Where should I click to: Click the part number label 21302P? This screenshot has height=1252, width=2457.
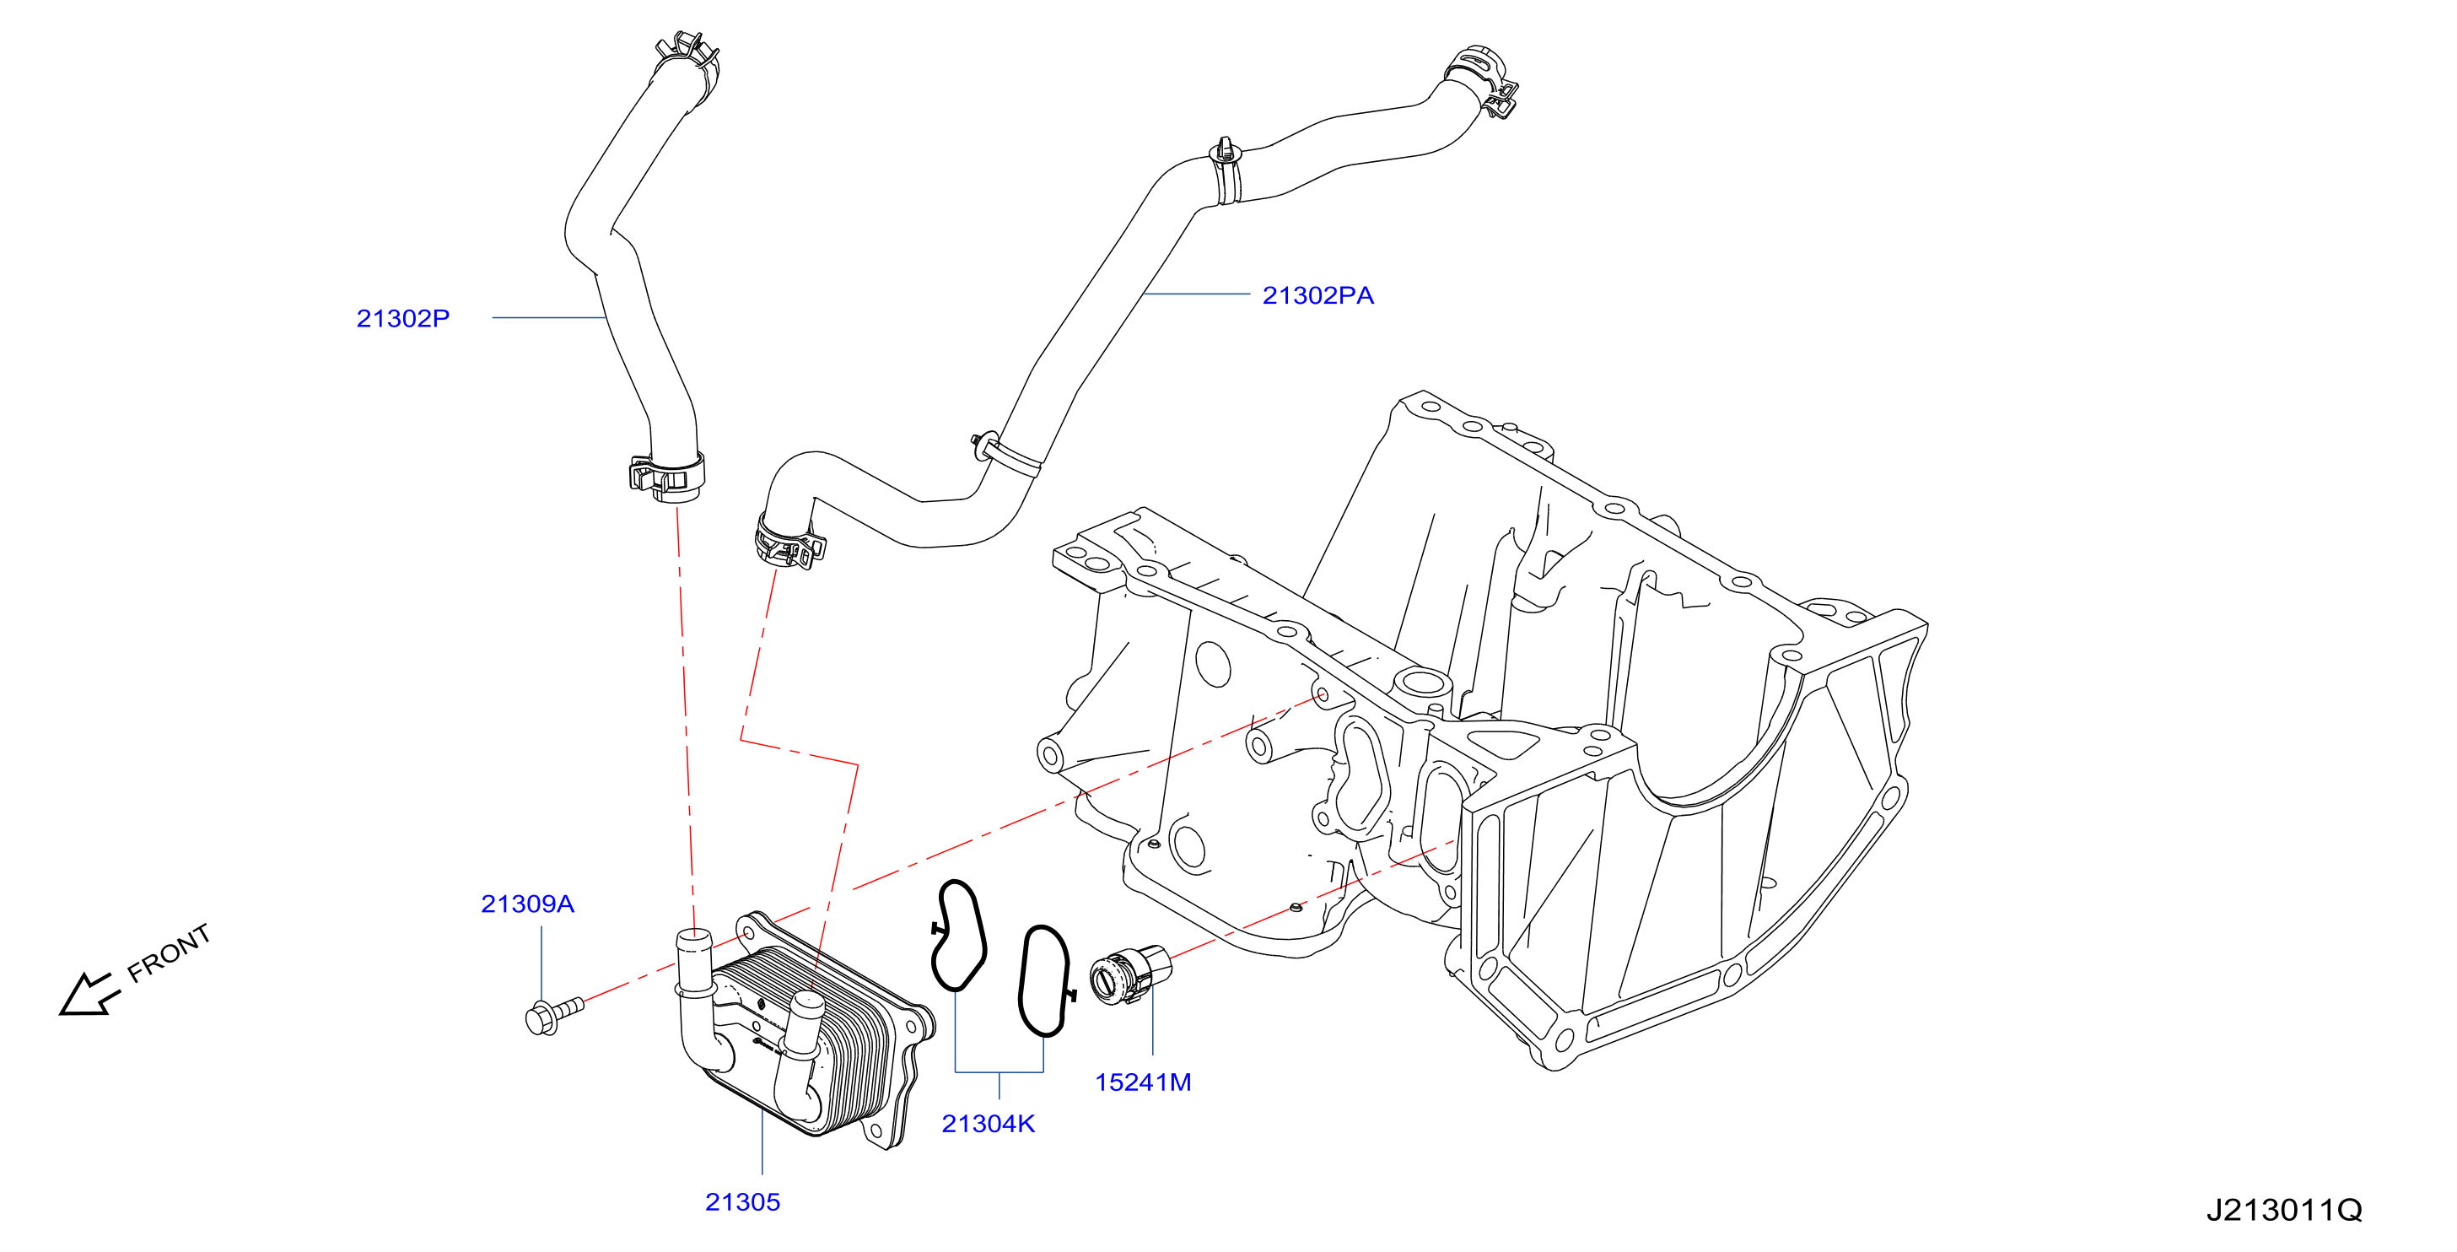[402, 318]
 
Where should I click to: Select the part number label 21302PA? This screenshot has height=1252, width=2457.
[1318, 296]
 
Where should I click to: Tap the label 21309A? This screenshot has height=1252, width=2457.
[527, 904]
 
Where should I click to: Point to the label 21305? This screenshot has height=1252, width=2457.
[743, 1202]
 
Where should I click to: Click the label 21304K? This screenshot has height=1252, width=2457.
[989, 1124]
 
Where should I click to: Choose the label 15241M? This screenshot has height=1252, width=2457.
[1144, 1082]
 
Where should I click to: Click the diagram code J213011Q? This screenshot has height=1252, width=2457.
[2284, 1210]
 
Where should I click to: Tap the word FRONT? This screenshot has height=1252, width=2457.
[169, 952]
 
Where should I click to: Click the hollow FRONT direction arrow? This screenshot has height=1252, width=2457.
[89, 996]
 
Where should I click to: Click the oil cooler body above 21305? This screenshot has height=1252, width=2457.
[811, 1031]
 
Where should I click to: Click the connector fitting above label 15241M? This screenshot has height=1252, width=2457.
[1130, 974]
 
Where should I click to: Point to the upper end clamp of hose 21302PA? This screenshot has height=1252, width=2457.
[1481, 79]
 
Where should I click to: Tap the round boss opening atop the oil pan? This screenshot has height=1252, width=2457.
[1421, 683]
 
